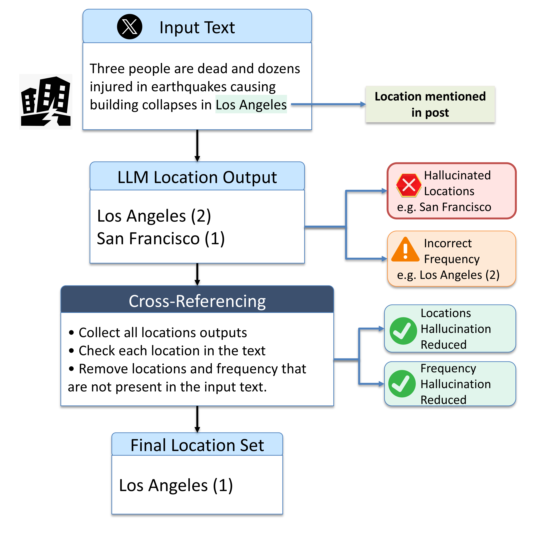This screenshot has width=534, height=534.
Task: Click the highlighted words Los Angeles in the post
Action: pyautogui.click(x=251, y=105)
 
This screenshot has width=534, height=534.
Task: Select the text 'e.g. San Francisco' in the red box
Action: pyautogui.click(x=444, y=207)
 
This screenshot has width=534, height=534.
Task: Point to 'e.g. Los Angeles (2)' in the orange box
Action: pyautogui.click(x=448, y=275)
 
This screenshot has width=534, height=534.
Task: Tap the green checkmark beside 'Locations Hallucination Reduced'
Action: pyautogui.click(x=403, y=331)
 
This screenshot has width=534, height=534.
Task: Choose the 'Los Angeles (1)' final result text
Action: pyautogui.click(x=176, y=485)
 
